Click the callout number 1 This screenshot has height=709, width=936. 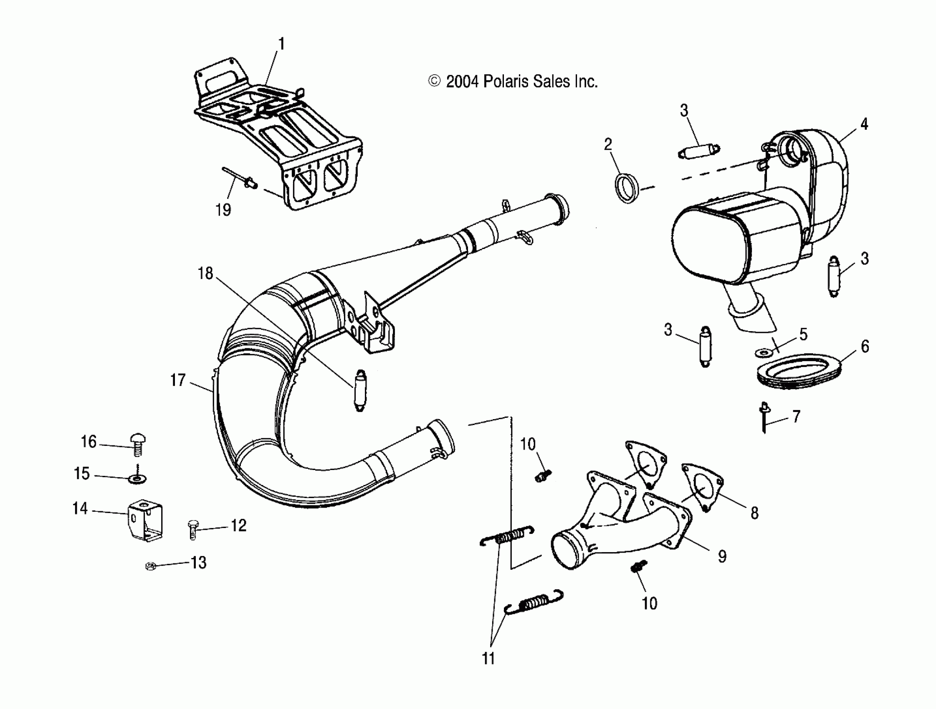(x=281, y=44)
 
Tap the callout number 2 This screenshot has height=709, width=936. (x=607, y=145)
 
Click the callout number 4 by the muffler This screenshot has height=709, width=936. (x=864, y=124)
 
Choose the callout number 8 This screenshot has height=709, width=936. (x=754, y=513)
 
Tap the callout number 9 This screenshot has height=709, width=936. (x=722, y=556)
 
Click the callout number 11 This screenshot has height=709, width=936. (x=488, y=658)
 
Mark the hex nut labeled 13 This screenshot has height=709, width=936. (x=149, y=566)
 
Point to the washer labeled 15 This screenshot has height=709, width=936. (x=137, y=479)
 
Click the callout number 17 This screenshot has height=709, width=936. (x=178, y=380)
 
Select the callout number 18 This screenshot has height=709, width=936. (x=205, y=273)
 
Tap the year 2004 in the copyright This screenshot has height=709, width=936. (x=462, y=81)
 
